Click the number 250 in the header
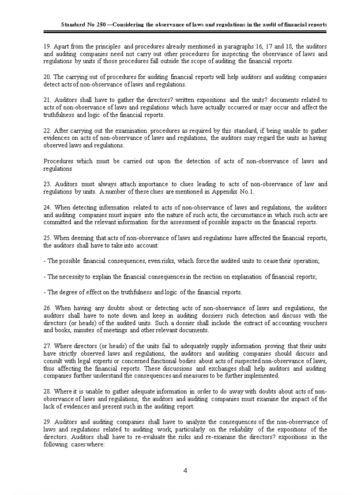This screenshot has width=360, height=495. tap(101, 25)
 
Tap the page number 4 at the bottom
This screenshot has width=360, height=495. tap(185, 471)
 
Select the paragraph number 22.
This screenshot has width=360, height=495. tap(47, 130)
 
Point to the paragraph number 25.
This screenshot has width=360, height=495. tap(47, 238)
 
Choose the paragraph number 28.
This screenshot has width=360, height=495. tap(47, 391)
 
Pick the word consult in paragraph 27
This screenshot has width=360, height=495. tap(53, 361)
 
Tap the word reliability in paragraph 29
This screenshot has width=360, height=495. tap(255, 429)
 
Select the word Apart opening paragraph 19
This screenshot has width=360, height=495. tap(60, 46)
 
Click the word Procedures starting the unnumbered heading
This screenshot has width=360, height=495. tap(58, 161)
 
